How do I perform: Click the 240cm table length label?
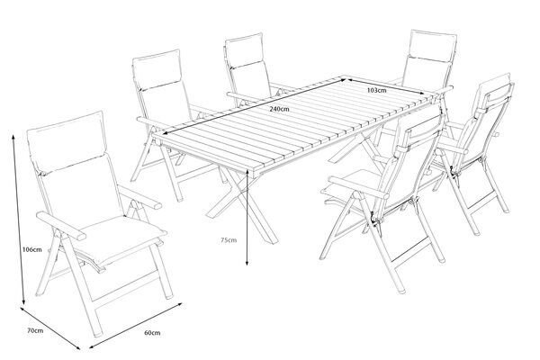point(278,109)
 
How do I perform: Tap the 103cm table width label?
point(377,90)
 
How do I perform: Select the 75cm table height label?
point(228,239)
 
